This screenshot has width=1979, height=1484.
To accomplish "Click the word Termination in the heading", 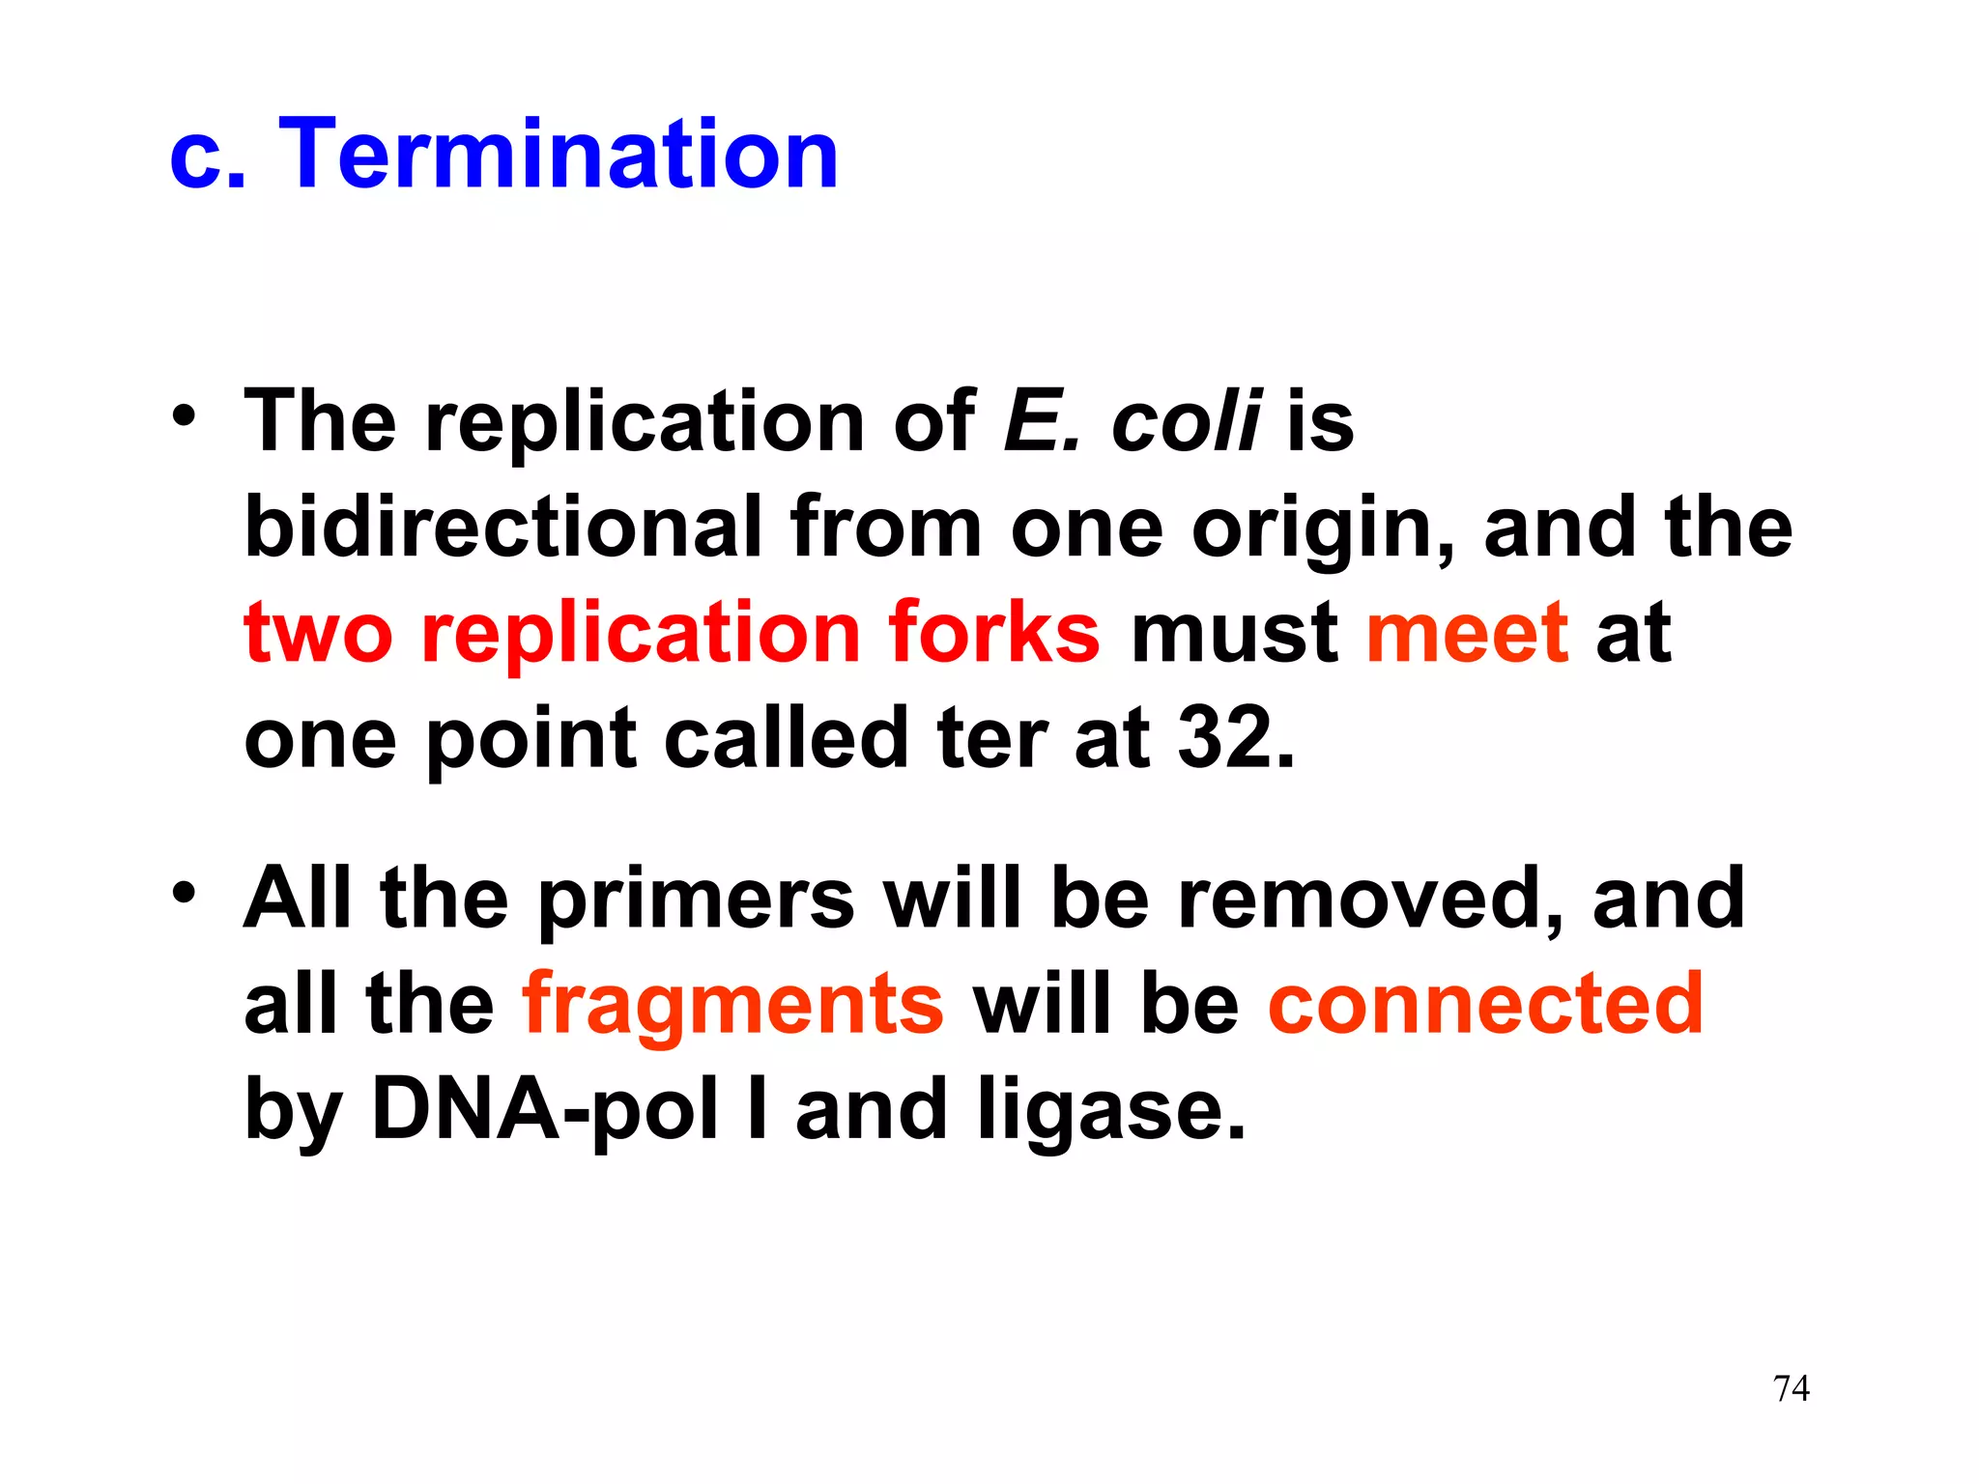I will pyautogui.click(x=559, y=155).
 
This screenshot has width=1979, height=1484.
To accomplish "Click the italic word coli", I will pyautogui.click(x=1186, y=422).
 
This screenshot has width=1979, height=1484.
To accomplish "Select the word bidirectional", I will pyautogui.click(x=502, y=528).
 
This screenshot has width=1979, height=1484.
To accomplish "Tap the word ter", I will pyautogui.click(x=991, y=739).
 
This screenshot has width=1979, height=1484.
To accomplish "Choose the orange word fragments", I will pyautogui.click(x=732, y=1005).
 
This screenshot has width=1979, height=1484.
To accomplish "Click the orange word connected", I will pyautogui.click(x=1485, y=1005).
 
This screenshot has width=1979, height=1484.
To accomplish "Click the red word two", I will pyautogui.click(x=318, y=633).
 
